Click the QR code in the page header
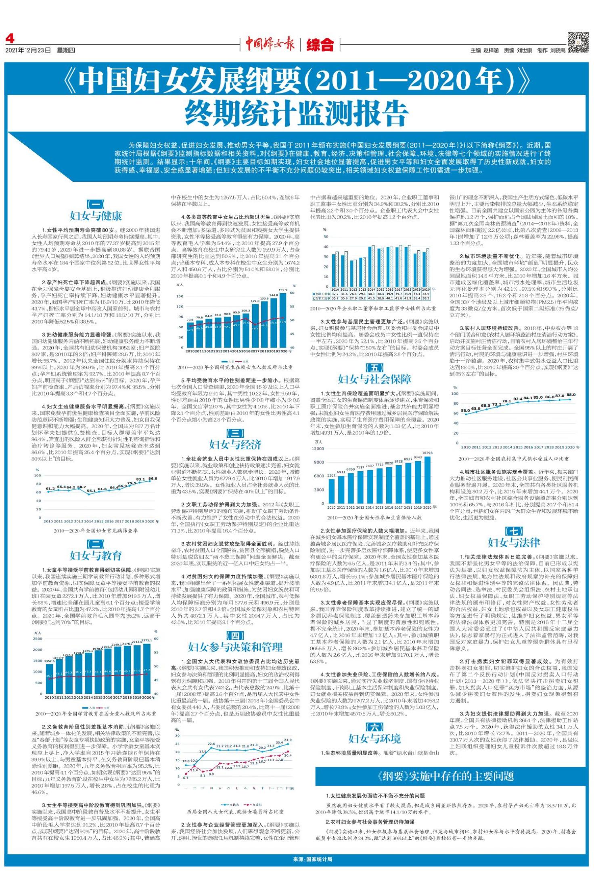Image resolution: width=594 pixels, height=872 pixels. point(578,42)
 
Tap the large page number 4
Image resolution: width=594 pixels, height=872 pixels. point(10,39)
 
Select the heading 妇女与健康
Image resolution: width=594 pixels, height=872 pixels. point(96,216)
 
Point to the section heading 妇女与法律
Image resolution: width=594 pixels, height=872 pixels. point(514,542)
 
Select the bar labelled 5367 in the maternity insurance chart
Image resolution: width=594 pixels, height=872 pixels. point(331,491)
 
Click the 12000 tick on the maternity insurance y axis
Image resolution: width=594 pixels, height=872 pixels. point(318,449)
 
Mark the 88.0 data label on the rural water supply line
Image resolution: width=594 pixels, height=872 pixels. point(571,395)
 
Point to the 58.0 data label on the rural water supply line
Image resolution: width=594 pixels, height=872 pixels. point(465,410)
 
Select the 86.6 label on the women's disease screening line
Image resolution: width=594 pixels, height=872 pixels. point(153,479)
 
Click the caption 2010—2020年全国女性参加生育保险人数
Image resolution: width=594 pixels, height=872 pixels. point(374,517)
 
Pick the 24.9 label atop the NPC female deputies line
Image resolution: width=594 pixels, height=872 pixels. point(288,740)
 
